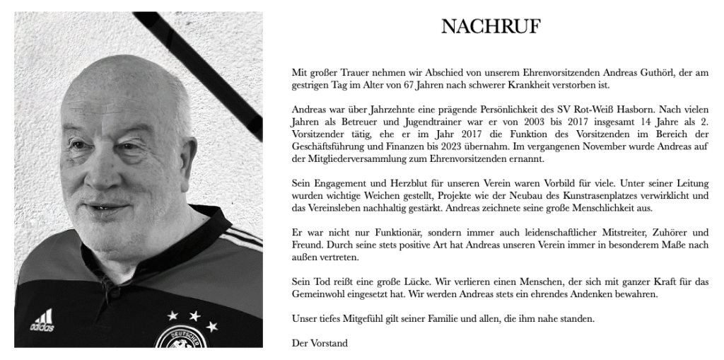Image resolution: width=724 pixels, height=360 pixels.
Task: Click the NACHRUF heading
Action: point(491,27)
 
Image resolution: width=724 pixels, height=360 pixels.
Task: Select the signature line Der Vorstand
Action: point(320,344)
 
